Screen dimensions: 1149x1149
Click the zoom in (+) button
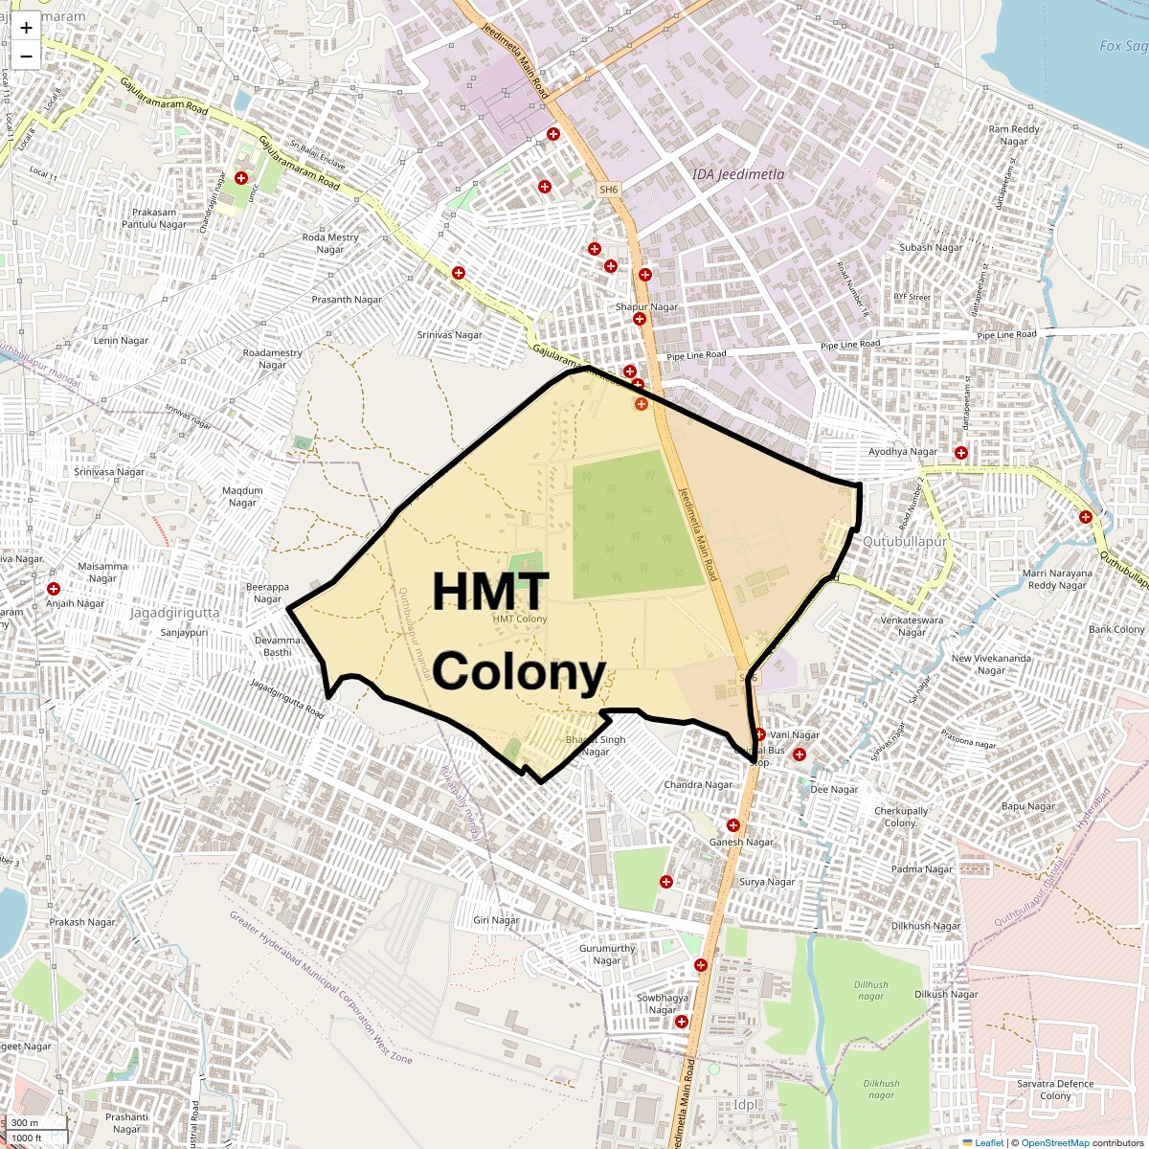pyautogui.click(x=26, y=28)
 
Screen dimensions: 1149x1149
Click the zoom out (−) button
pyautogui.click(x=26, y=56)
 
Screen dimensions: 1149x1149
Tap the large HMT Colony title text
pyautogui.click(x=518, y=632)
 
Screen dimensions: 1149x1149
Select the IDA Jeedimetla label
pyautogui.click(x=737, y=174)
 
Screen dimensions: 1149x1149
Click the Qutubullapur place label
pyautogui.click(x=904, y=541)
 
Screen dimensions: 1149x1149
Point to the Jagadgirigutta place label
pyautogui.click(x=175, y=613)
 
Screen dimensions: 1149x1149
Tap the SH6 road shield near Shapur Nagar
pyautogui.click(x=609, y=190)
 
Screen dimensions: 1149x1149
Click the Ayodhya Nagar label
pyautogui.click(x=903, y=452)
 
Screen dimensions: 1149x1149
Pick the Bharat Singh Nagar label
pyautogui.click(x=596, y=745)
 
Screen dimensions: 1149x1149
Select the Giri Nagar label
pyautogui.click(x=496, y=920)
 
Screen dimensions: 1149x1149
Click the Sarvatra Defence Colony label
pyautogui.click(x=1055, y=1090)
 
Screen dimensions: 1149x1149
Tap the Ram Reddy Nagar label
pyautogui.click(x=1014, y=135)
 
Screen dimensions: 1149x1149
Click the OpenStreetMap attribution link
pyautogui.click(x=1054, y=1142)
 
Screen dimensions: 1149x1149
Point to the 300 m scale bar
pyautogui.click(x=27, y=1123)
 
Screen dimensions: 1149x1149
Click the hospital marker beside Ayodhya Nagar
pyautogui.click(x=960, y=452)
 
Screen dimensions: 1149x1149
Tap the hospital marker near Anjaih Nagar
pyautogui.click(x=54, y=589)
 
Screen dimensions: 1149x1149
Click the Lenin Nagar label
pyautogui.click(x=121, y=341)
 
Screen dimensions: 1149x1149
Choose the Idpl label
pyautogui.click(x=745, y=1105)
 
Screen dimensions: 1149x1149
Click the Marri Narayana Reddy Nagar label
pyautogui.click(x=1057, y=579)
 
